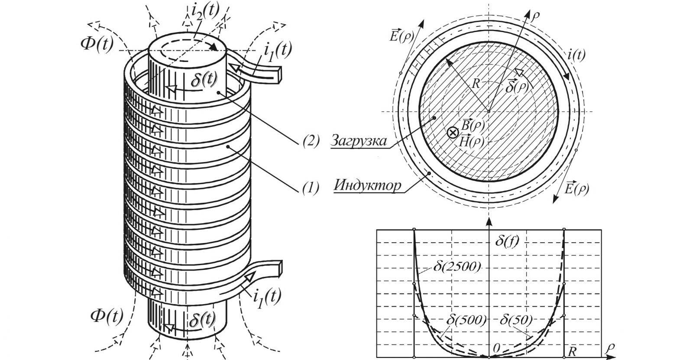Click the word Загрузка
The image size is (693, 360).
tap(359, 140)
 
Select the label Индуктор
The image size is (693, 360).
tap(368, 185)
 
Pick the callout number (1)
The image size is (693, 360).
tap(311, 187)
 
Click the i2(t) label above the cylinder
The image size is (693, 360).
tap(205, 12)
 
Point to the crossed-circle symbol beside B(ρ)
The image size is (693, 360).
tap(453, 133)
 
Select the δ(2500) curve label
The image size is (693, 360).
tap(457, 266)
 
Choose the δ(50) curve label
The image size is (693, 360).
tap(516, 320)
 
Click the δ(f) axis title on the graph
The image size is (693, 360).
tap(507, 240)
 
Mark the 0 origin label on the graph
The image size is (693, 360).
tap(496, 348)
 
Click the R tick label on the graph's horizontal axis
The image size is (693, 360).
tap(572, 352)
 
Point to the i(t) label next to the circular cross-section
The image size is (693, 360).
tap(576, 55)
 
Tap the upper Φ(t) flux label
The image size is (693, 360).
tap(97, 45)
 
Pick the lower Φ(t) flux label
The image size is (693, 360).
tap(107, 316)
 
